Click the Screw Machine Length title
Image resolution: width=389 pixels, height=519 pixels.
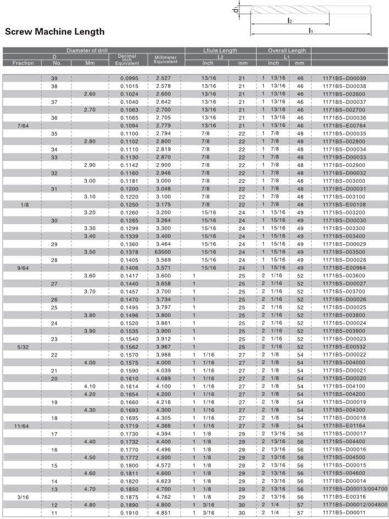click(x=54, y=32)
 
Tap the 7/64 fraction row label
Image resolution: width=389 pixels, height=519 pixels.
click(x=23, y=125)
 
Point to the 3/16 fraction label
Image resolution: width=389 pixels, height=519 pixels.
click(x=23, y=496)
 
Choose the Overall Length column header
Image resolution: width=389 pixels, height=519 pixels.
click(x=287, y=51)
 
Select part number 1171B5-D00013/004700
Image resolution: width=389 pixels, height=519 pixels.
click(x=355, y=488)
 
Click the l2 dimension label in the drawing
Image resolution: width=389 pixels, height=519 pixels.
click(x=290, y=20)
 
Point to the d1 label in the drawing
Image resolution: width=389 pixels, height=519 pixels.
click(x=236, y=10)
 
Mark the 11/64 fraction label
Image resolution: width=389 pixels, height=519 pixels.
click(x=23, y=425)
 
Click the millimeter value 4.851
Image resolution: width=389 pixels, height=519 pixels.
click(x=163, y=512)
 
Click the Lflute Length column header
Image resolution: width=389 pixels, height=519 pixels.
click(x=220, y=51)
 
